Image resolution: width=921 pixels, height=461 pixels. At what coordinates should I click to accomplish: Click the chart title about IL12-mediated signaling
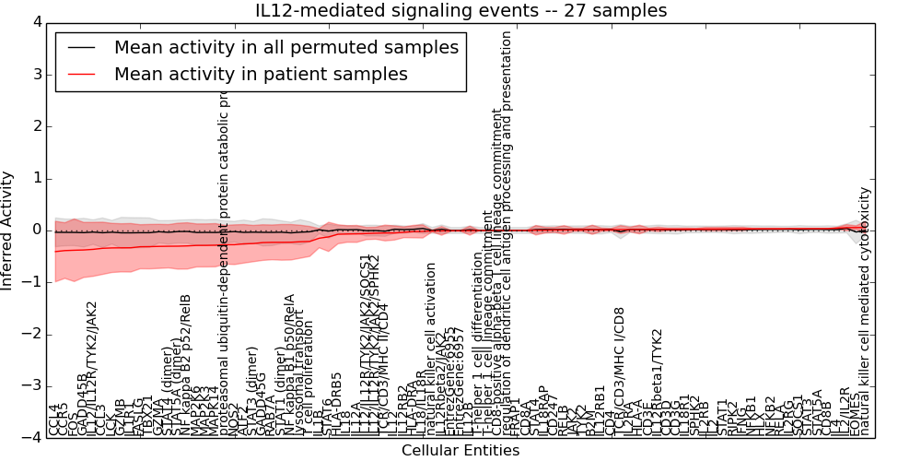tap(460, 10)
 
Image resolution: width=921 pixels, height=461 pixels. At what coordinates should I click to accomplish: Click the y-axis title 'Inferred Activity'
tap(8, 230)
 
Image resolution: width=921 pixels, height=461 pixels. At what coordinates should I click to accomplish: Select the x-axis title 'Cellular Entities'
tap(460, 451)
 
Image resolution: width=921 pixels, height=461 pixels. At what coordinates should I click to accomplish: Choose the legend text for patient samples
tap(261, 75)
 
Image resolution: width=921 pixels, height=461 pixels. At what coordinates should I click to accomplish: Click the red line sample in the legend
tap(80, 75)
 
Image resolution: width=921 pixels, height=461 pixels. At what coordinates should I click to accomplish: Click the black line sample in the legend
tap(80, 48)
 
